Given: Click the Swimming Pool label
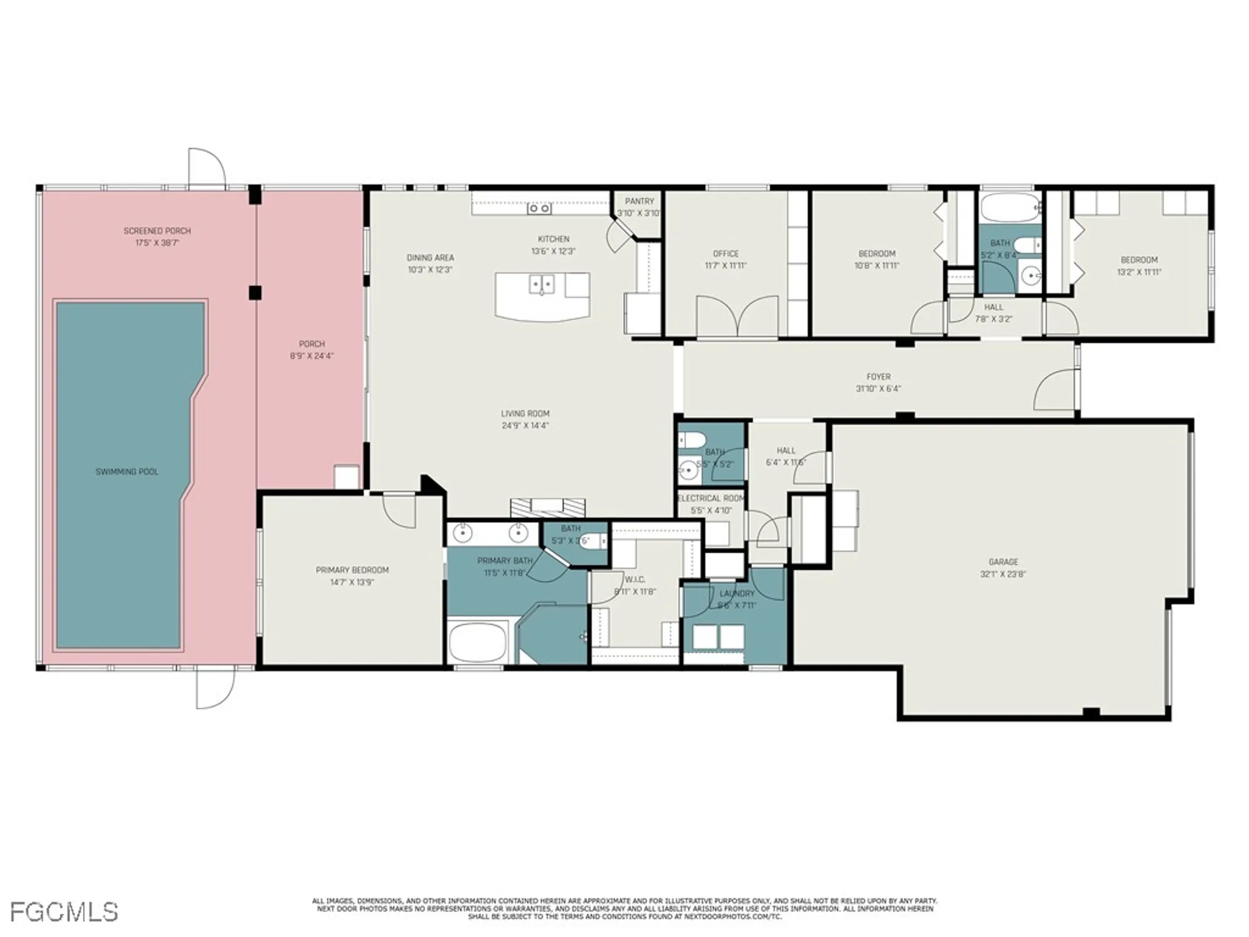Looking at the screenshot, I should click(x=127, y=472).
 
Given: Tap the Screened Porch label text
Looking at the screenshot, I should click(x=157, y=231).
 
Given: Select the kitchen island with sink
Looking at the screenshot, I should click(x=542, y=296).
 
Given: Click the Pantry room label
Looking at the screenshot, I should click(x=639, y=201).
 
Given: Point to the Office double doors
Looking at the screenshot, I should click(x=737, y=316).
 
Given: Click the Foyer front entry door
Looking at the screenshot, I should click(x=1055, y=390).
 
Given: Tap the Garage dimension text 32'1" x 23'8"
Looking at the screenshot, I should click(x=1003, y=574).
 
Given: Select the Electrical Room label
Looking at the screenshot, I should click(x=711, y=498).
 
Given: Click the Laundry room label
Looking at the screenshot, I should click(x=737, y=593).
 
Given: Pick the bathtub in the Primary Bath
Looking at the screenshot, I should click(x=477, y=642).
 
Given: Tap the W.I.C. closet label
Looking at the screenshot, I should click(x=635, y=580).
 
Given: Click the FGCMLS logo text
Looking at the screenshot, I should click(x=64, y=913).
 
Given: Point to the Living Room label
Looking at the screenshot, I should click(x=525, y=414).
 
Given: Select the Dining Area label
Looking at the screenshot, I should click(x=430, y=257).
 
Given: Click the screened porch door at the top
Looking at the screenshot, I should click(x=207, y=169).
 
